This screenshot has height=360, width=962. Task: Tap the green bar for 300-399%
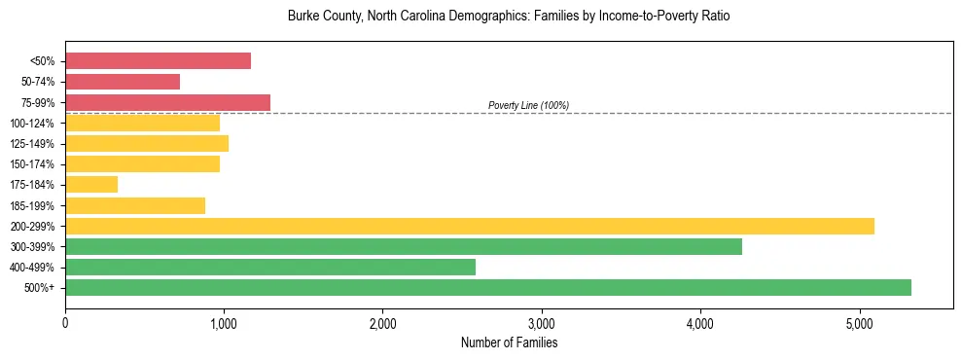tap(404, 246)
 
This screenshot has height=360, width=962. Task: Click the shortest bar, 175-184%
tap(91, 184)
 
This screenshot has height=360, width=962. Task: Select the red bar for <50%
tap(158, 61)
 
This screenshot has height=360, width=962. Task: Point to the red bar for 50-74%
tap(123, 82)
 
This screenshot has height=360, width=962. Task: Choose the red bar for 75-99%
tap(167, 102)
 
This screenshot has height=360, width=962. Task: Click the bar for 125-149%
tap(147, 143)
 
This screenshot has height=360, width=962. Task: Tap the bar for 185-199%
tap(135, 205)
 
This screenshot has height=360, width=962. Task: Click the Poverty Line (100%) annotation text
tap(528, 105)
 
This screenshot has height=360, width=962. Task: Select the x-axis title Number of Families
tap(509, 342)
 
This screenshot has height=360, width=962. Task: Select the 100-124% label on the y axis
tap(32, 124)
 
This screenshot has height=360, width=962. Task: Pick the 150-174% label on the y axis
tap(32, 164)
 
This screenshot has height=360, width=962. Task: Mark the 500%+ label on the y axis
tap(39, 288)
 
